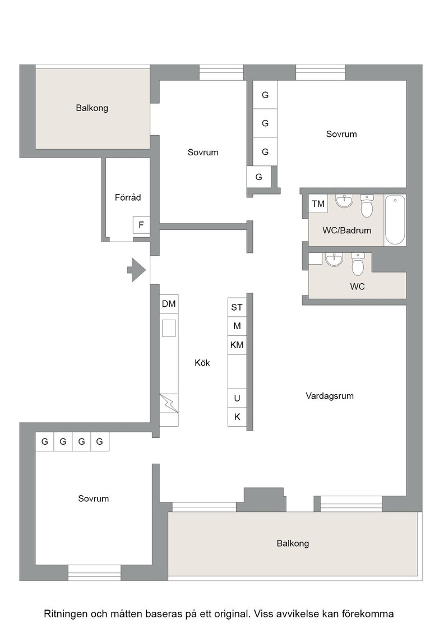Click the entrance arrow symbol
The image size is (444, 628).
point(137,270)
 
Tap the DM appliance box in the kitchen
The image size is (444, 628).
point(169,304)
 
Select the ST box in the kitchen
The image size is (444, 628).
point(237,307)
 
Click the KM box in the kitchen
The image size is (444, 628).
point(237,345)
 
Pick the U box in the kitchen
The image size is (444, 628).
point(237,398)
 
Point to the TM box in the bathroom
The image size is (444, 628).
point(318,204)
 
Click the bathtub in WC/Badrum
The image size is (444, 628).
point(395,220)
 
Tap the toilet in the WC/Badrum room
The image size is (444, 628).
point(367,205)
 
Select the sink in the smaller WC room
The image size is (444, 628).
point(334,260)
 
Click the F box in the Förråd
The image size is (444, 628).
point(141,225)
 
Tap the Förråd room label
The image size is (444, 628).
point(128,197)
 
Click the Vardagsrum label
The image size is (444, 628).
point(330,396)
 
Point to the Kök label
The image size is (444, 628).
point(202,363)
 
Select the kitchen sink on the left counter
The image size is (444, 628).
point(169,328)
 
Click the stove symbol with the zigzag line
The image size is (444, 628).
point(169,403)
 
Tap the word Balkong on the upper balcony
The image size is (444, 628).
point(92,108)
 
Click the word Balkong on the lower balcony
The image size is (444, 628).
point(293,543)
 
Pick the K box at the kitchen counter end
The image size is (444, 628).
point(237,417)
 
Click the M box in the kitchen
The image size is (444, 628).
point(237,326)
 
